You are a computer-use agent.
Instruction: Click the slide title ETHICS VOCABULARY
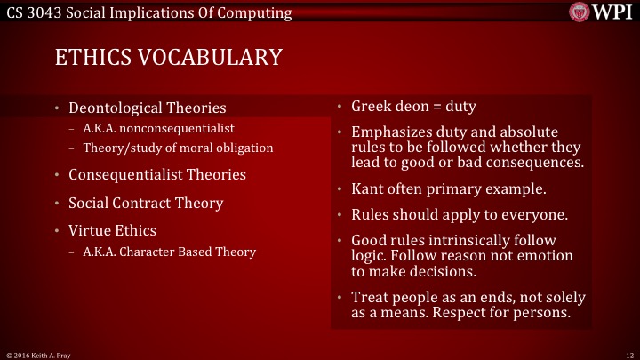(x=168, y=58)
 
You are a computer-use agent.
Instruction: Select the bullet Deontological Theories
(x=148, y=108)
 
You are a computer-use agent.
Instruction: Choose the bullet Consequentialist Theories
(x=157, y=174)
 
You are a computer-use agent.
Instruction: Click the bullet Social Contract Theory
(x=146, y=203)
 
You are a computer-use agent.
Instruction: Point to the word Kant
(x=367, y=188)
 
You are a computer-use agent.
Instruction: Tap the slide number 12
(x=628, y=354)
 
